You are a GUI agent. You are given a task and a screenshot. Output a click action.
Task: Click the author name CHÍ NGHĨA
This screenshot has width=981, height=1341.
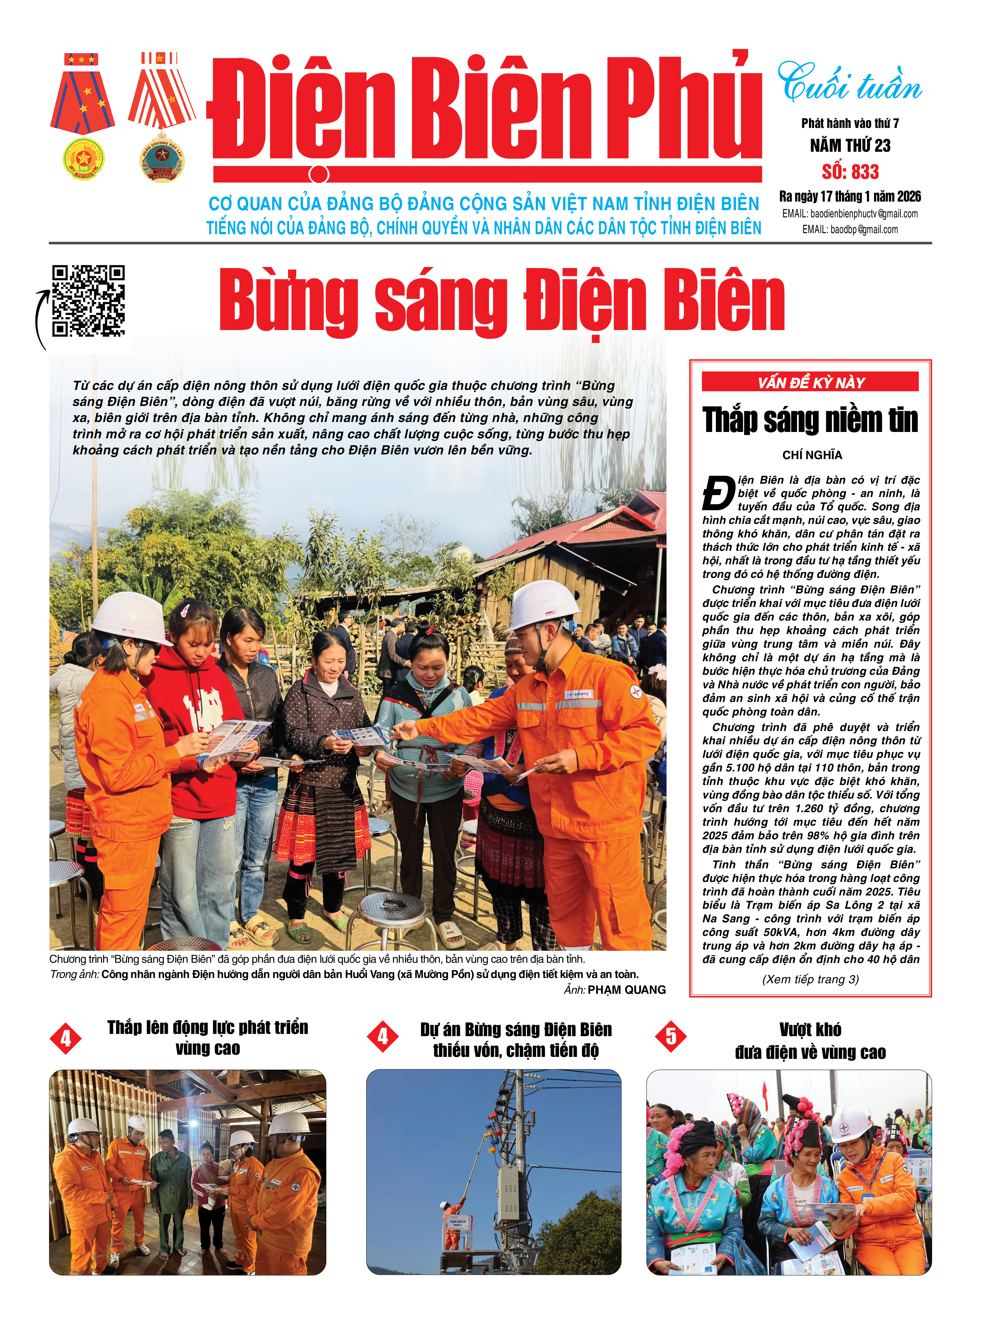point(812,455)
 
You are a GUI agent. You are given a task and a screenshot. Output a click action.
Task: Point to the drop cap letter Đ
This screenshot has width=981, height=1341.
point(718,493)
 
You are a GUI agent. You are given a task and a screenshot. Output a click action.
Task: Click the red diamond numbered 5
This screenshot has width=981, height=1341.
point(670,1036)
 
